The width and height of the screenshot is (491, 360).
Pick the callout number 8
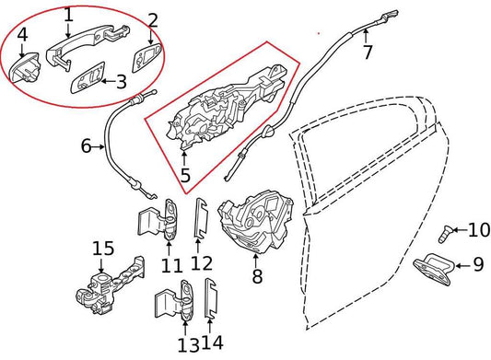coord(257,274)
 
